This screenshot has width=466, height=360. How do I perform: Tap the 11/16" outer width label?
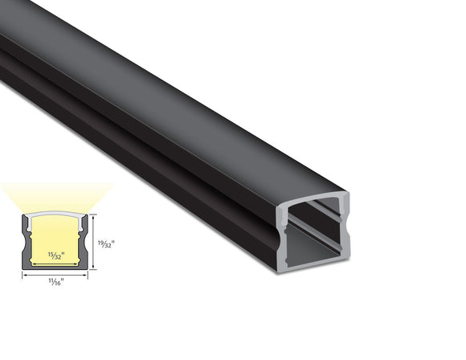(55, 281)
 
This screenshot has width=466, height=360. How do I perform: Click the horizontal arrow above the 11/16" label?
(55, 274)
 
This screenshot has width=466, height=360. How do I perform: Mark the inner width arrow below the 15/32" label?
(54, 264)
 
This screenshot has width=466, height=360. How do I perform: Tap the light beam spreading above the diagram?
(54, 197)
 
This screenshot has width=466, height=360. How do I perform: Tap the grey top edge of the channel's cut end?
(313, 198)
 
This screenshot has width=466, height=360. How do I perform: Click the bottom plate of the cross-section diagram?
(54, 268)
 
